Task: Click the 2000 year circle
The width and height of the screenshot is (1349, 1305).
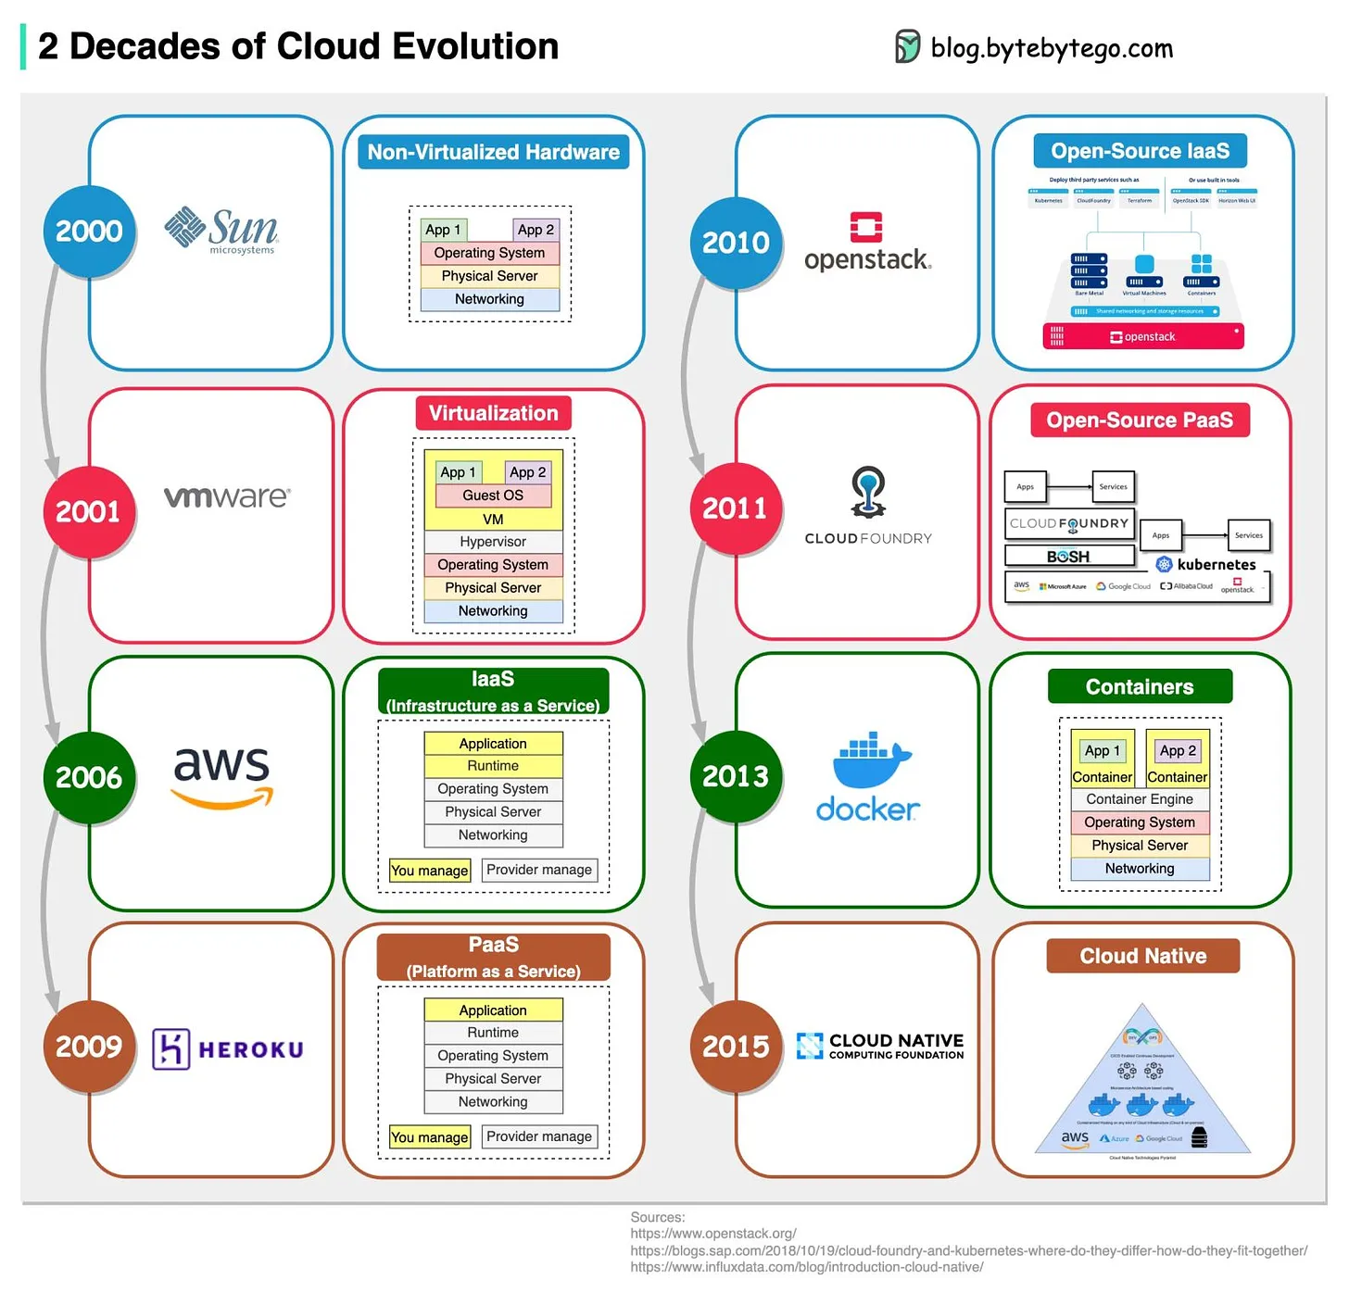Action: pos(89,231)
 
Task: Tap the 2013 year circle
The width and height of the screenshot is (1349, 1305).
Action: pos(736,776)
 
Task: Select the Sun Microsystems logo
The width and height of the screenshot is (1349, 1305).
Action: pos(222,230)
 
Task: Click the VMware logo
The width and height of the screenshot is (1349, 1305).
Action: pos(227,497)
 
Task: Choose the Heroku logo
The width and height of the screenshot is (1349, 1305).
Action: pos(228,1048)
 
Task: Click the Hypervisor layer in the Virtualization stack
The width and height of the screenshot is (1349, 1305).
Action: pos(493,542)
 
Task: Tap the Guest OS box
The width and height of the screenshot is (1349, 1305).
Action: pos(493,496)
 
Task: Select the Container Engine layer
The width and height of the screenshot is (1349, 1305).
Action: pos(1140,799)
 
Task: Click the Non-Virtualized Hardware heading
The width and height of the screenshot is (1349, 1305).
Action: pos(493,152)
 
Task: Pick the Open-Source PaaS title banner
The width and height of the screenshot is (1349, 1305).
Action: pos(1140,420)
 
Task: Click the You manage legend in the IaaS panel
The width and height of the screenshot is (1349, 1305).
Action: pos(430,871)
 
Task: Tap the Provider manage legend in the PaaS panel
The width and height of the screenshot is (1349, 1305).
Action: pos(539,1136)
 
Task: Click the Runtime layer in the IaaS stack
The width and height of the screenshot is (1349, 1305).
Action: pos(493,766)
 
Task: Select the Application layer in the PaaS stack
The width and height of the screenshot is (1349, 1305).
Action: pos(493,1010)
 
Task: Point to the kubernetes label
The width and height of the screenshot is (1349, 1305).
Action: pos(1216,564)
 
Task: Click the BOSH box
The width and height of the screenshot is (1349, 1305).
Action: pos(1069,557)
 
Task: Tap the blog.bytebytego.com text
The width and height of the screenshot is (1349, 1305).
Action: pos(1052,48)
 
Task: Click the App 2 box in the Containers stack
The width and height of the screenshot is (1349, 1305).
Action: pos(1178,751)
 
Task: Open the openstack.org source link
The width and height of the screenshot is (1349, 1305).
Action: pos(713,1234)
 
